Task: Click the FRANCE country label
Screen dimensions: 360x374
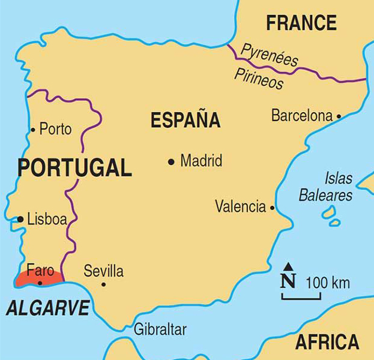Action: (x=301, y=23)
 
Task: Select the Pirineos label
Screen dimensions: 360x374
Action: (x=259, y=79)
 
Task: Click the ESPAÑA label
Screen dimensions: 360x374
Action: (x=185, y=120)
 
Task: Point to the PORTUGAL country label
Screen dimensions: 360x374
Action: (x=74, y=168)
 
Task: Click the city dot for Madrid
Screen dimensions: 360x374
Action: (x=171, y=161)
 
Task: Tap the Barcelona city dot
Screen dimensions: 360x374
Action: (x=339, y=116)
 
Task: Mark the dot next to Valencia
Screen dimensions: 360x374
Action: (x=272, y=208)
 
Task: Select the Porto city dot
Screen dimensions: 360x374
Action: (x=33, y=129)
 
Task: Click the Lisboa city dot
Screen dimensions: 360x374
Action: (x=20, y=220)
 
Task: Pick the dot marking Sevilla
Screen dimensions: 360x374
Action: (x=103, y=284)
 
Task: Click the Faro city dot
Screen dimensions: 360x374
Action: (x=40, y=283)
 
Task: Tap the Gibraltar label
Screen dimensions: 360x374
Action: (x=160, y=329)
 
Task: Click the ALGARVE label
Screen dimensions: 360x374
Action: (x=47, y=308)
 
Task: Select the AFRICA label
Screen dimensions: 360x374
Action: (x=327, y=342)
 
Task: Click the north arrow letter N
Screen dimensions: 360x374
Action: (x=288, y=280)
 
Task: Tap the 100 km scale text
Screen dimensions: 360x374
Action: (x=328, y=283)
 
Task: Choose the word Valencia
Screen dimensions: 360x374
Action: (x=240, y=207)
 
